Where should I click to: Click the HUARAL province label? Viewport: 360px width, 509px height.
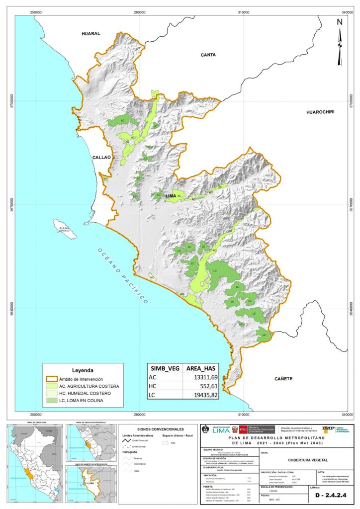[x=91, y=34]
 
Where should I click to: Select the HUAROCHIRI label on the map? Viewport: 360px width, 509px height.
[x=320, y=112]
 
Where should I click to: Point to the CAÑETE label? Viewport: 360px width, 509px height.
[x=282, y=379]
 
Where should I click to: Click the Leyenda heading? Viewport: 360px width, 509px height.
[x=83, y=370]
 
